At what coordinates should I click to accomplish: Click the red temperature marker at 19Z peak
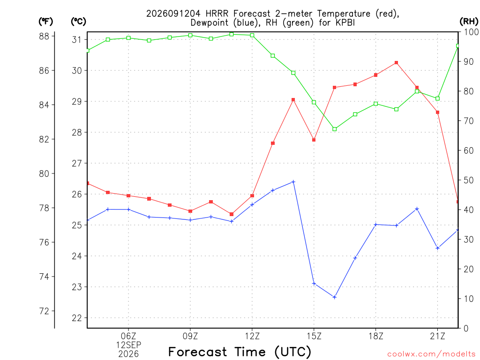click(x=396, y=63)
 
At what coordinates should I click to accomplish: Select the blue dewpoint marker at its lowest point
click(x=334, y=297)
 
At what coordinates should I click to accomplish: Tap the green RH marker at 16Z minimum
click(x=335, y=129)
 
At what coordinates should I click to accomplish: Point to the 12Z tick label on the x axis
click(x=252, y=336)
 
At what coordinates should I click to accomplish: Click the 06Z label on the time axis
click(x=128, y=336)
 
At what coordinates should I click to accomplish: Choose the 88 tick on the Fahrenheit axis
click(x=44, y=36)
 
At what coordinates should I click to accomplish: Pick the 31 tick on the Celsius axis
click(x=77, y=39)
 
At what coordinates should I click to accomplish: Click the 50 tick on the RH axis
click(x=469, y=180)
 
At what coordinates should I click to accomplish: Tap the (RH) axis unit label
click(x=469, y=22)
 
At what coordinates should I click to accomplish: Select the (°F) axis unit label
click(x=45, y=22)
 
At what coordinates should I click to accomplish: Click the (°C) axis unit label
click(x=78, y=22)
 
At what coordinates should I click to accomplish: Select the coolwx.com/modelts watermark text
click(x=431, y=354)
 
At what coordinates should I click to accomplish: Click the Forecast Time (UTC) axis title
click(x=240, y=352)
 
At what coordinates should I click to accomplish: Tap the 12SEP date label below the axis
click(x=128, y=345)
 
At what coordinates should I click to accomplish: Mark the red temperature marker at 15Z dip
click(x=314, y=140)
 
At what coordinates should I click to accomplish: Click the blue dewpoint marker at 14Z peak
click(x=293, y=182)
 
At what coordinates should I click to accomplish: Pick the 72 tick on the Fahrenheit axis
click(x=44, y=311)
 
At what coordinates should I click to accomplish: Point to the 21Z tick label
click(x=437, y=336)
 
